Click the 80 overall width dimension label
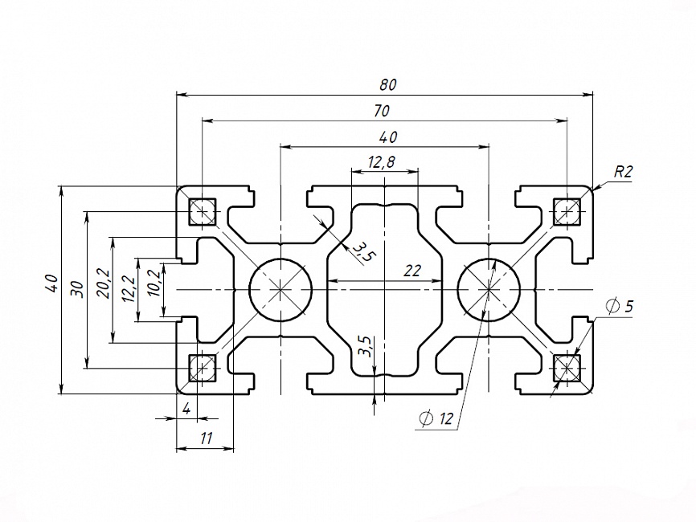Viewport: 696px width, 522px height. coord(388,84)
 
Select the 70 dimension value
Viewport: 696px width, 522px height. coord(382,111)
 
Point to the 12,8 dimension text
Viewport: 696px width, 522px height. coord(382,162)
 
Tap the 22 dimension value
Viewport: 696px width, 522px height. coord(412,271)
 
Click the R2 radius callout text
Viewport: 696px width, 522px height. coord(623,172)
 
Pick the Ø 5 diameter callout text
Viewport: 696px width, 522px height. coord(620,306)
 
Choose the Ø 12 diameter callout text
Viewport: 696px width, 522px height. coord(436,418)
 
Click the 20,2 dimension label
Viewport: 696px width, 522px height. coord(104,283)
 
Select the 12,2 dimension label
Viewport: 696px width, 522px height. coord(129,289)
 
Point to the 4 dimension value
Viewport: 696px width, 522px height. coord(187,409)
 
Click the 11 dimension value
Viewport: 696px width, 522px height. coord(206,438)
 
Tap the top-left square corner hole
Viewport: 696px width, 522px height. coord(203,211)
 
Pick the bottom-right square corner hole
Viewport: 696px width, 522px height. coord(567,368)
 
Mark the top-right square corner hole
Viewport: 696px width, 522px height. coord(567,211)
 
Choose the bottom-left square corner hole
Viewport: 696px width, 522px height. coord(203,368)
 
